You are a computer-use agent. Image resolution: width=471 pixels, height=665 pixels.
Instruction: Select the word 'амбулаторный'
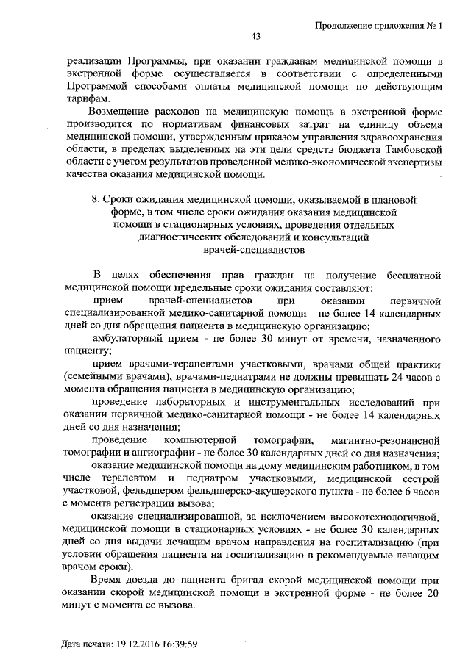coord(129,338)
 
